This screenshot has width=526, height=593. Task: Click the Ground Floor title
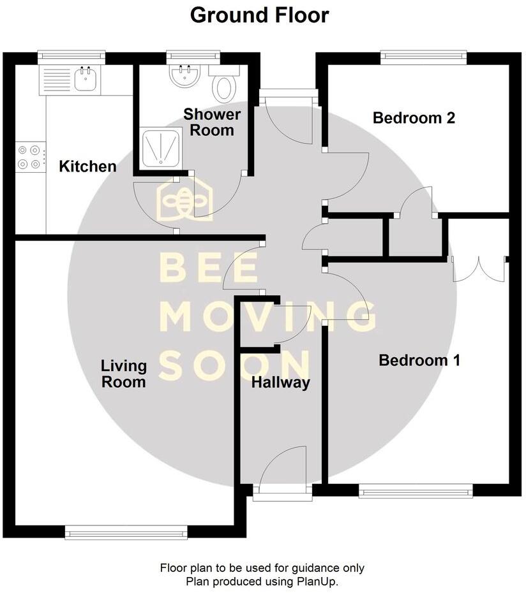pyautogui.click(x=259, y=15)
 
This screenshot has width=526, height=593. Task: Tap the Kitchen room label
pyautogui.click(x=87, y=167)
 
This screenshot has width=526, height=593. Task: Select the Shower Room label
pyautogui.click(x=212, y=122)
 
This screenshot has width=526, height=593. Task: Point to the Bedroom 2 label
pyautogui.click(x=414, y=118)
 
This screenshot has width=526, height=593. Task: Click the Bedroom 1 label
pyautogui.click(x=419, y=360)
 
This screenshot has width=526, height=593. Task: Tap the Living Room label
pyautogui.click(x=124, y=374)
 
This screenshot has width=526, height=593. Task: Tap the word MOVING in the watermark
pyautogui.click(x=267, y=316)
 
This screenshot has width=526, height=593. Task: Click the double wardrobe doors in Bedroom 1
pyautogui.click(x=479, y=268)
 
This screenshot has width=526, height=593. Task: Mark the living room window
pyautogui.click(x=126, y=531)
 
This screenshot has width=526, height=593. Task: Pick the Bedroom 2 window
pyautogui.click(x=424, y=57)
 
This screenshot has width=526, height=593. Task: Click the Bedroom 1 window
pyautogui.click(x=416, y=490)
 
